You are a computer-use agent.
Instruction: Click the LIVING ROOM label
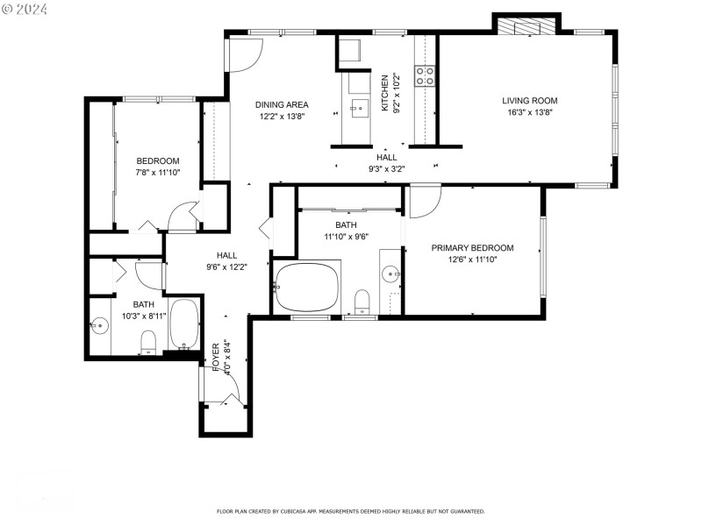point(530,100)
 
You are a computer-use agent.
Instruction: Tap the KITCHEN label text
point(384,93)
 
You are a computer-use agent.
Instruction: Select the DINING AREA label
point(282,104)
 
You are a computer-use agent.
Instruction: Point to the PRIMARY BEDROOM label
point(472,248)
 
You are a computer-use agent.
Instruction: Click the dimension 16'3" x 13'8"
point(530,112)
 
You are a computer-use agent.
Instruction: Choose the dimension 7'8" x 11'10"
point(158,174)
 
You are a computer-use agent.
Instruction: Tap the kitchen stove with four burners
point(426,76)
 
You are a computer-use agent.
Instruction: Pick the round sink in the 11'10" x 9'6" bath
point(390,274)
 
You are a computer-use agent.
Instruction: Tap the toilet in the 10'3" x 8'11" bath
point(148,341)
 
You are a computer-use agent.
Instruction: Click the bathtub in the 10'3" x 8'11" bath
point(183,324)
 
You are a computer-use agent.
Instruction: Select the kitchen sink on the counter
point(360,108)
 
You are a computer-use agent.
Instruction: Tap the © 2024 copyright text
point(25,9)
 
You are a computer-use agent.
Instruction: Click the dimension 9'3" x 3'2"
point(387,168)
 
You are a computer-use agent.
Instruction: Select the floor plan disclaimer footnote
point(350,511)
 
